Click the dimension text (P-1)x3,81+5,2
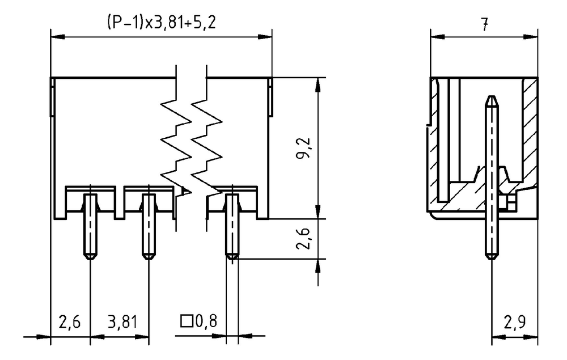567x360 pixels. (x=161, y=23)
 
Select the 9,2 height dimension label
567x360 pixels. (x=302, y=148)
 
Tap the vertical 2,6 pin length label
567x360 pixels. (x=302, y=239)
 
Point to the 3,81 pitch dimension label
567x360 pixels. (x=122, y=321)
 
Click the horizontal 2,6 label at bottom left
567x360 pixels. (x=69, y=321)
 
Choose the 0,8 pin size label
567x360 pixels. (x=206, y=321)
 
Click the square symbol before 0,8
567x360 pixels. (x=187, y=321)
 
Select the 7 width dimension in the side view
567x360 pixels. (x=485, y=24)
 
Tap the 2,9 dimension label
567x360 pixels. (x=515, y=321)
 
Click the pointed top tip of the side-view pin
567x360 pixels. (x=491, y=96)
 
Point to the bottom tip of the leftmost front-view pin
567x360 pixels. (x=90, y=259)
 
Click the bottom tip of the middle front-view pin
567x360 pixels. (x=148, y=259)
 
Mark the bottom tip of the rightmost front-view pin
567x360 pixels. (x=232, y=259)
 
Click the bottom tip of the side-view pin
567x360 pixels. (x=491, y=259)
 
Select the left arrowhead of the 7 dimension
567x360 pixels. (x=437, y=37)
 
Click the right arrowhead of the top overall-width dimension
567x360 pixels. (x=265, y=37)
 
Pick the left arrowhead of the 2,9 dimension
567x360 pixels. (x=498, y=337)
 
